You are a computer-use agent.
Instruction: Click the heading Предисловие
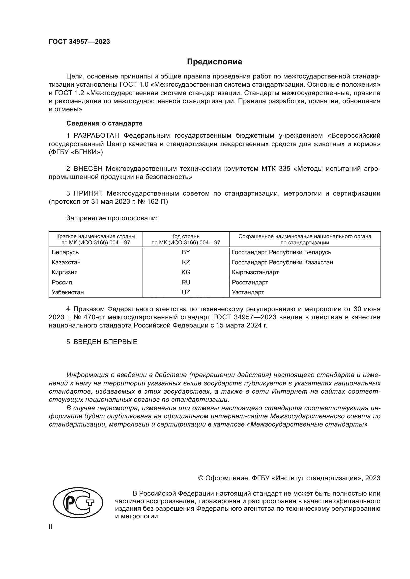click(214, 62)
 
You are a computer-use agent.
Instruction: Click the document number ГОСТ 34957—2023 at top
click(79, 42)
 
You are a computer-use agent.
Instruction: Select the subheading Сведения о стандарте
click(104, 123)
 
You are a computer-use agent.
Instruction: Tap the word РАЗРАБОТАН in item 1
click(96, 136)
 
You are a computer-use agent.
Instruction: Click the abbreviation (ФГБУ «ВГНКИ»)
click(76, 152)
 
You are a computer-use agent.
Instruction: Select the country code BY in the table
click(186, 252)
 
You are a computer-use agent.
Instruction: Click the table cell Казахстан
click(66, 262)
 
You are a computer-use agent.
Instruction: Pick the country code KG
click(186, 272)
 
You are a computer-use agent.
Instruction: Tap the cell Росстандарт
click(250, 282)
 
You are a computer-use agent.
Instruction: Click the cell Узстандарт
click(248, 293)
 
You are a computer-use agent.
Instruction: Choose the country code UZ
click(186, 293)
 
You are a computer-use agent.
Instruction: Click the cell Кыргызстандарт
click(255, 272)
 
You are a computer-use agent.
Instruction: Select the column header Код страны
click(186, 237)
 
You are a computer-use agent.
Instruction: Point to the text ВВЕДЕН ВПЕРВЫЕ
click(105, 342)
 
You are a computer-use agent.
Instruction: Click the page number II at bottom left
click(51, 527)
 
